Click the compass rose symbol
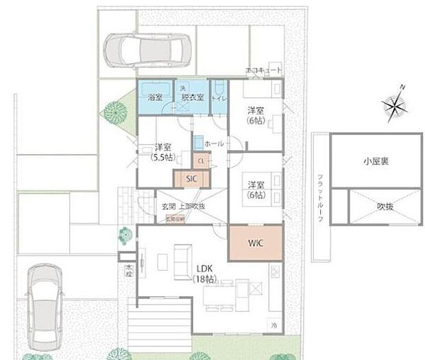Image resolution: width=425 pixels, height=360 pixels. pos(395,105)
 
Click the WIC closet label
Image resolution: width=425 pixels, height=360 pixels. pos(254,242)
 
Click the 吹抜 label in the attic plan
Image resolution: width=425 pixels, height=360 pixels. pos(376,205)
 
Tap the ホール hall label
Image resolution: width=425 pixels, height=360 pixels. pos(214,143)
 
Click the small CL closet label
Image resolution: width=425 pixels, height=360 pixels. pos(201,161)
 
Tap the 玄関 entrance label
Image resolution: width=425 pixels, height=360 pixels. pos(169,206)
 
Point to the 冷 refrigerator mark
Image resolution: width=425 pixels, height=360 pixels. pos(274,324)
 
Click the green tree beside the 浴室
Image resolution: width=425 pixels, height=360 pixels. pos(115,112)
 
